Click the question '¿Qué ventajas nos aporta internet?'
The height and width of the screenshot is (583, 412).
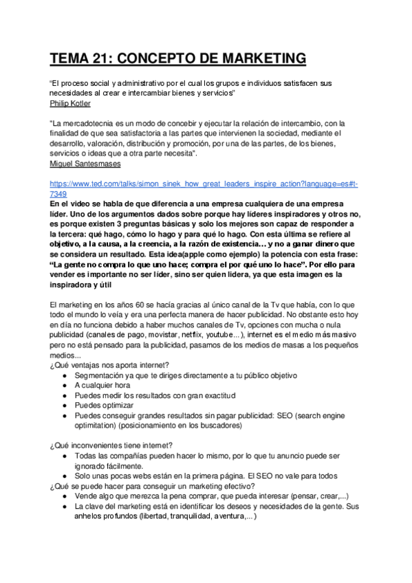click(109, 365)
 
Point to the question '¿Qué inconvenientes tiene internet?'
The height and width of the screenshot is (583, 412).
click(111, 445)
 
